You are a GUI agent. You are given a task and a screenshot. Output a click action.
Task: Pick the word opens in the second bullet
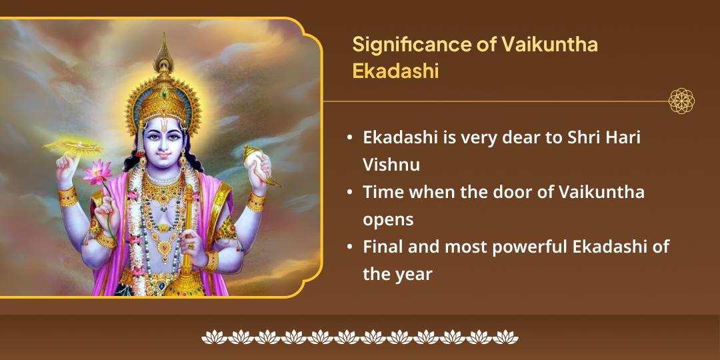tap(388, 219)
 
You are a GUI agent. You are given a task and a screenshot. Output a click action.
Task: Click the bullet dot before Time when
tap(350, 193)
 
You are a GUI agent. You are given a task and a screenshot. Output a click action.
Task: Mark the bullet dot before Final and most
tap(350, 247)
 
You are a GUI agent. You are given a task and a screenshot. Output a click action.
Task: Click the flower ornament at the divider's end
tap(681, 101)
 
